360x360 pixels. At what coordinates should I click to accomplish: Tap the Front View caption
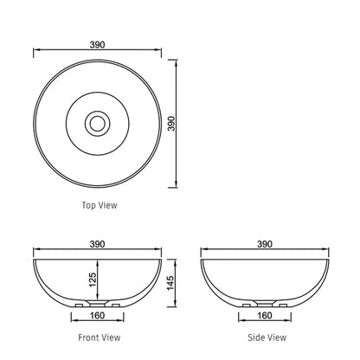pyautogui.click(x=99, y=337)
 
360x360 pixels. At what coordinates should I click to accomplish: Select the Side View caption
pyautogui.click(x=264, y=337)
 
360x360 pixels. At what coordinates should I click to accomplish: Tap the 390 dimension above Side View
pyautogui.click(x=265, y=244)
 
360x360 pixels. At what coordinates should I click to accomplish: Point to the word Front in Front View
pyautogui.click(x=89, y=337)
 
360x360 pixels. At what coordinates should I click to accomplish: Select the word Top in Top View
pyautogui.click(x=88, y=205)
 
